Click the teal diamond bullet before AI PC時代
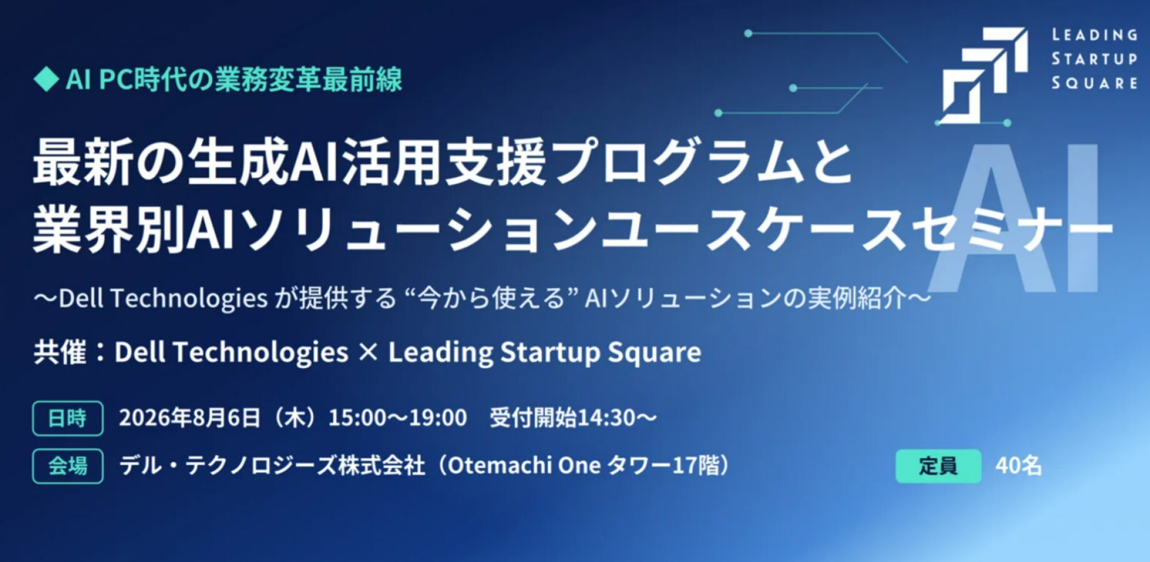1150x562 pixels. [x=46, y=79]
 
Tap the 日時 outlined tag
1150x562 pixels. [x=67, y=418]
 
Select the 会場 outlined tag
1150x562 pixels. [x=67, y=466]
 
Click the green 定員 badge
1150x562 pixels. [x=938, y=466]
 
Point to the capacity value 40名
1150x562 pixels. [x=1019, y=466]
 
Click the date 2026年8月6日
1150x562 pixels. [x=189, y=418]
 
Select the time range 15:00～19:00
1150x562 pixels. [x=397, y=418]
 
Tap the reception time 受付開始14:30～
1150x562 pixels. [x=573, y=418]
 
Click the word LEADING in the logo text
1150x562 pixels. [x=1094, y=35]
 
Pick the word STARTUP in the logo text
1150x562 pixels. [x=1094, y=59]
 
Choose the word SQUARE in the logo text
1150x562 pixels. [x=1094, y=83]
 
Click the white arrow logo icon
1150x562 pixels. [x=984, y=75]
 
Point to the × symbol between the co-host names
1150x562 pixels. [x=369, y=352]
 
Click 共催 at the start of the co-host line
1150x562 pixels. [x=60, y=352]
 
